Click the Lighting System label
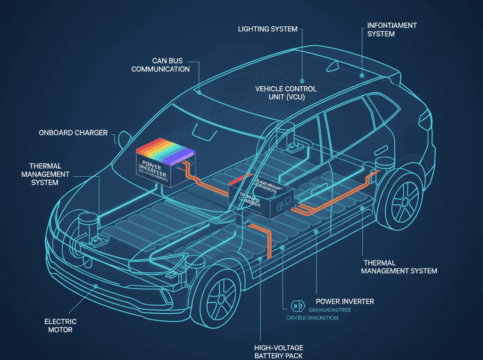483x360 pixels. tap(267, 29)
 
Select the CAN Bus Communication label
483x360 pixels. tap(160, 65)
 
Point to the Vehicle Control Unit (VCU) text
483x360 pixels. tap(286, 93)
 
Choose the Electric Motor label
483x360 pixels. tap(60, 326)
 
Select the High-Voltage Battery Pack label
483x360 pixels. tap(278, 351)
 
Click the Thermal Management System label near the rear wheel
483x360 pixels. tap(399, 267)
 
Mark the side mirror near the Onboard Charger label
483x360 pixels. tap(124, 139)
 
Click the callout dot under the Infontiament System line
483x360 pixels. tap(362, 74)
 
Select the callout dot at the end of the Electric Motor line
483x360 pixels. tap(96, 286)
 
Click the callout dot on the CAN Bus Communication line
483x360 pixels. tap(200, 93)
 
